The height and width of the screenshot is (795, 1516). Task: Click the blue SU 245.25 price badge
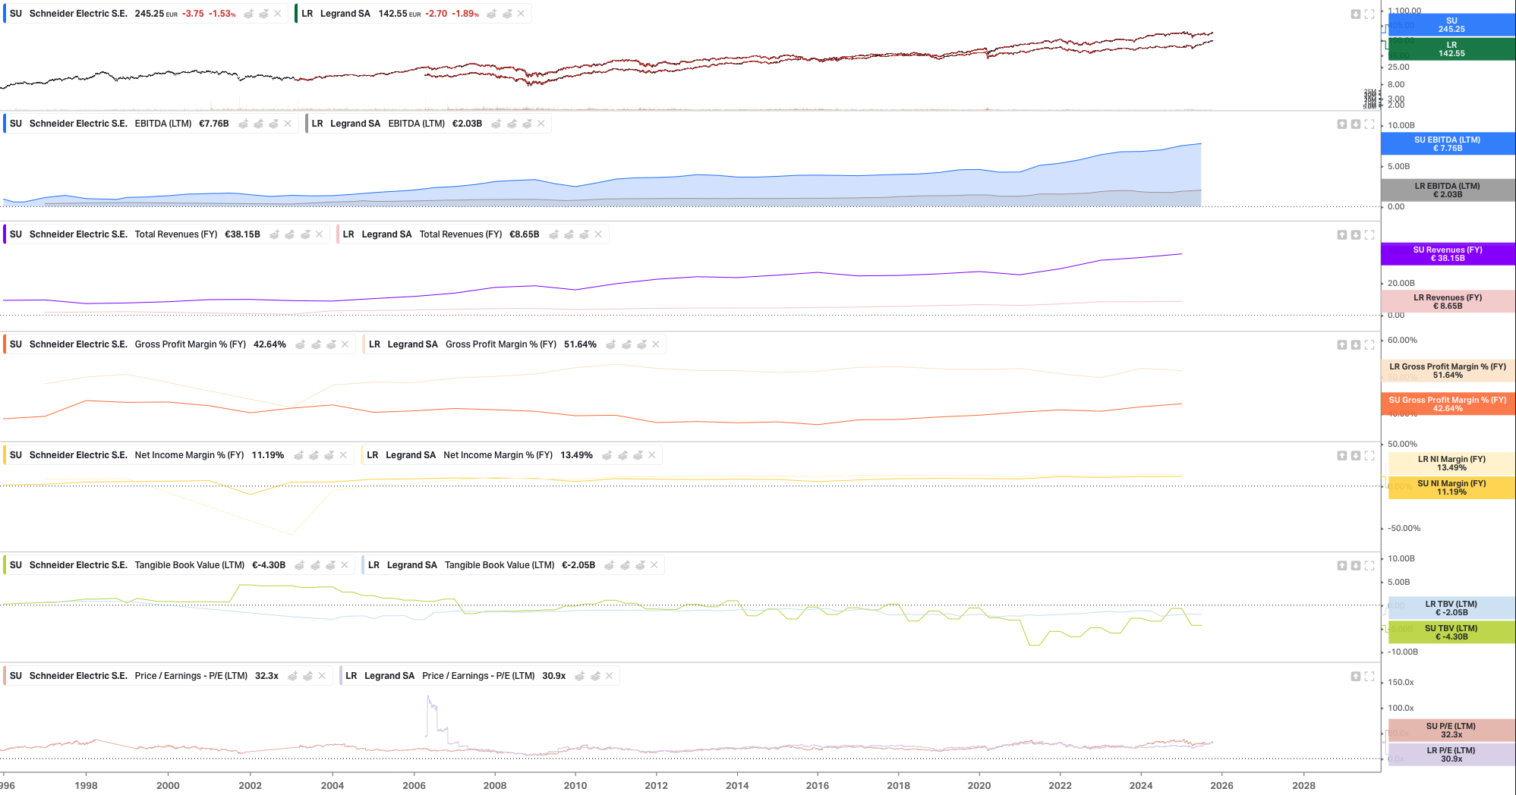click(x=1451, y=25)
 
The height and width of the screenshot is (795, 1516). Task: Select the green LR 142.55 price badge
click(x=1451, y=49)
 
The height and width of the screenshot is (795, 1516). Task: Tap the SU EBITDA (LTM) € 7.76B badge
click(x=1447, y=144)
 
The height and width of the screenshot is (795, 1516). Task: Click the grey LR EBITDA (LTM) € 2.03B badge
click(x=1447, y=190)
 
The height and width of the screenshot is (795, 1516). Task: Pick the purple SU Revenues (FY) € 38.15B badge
click(x=1447, y=254)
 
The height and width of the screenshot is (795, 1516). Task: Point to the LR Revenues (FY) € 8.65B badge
click(x=1447, y=302)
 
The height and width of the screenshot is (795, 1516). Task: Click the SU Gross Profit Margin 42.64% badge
click(x=1447, y=404)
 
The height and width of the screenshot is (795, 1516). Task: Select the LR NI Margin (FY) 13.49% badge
click(x=1451, y=463)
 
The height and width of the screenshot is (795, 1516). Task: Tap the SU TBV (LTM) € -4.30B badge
click(x=1451, y=633)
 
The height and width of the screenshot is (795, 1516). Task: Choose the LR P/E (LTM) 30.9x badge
click(x=1451, y=755)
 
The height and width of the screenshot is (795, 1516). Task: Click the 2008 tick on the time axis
click(x=495, y=786)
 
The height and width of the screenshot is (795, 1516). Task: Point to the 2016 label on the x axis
click(x=818, y=786)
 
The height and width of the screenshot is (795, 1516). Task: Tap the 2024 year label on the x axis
click(x=1140, y=786)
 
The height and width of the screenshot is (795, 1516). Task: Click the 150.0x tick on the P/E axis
click(x=1401, y=683)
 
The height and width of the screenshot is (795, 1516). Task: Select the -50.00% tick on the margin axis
click(x=1404, y=529)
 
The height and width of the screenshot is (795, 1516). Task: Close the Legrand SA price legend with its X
click(x=521, y=14)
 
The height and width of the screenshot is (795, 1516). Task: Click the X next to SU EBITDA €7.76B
click(x=288, y=124)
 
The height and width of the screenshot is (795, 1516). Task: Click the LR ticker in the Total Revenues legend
click(x=348, y=234)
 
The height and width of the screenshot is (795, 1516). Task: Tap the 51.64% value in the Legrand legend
click(x=580, y=344)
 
